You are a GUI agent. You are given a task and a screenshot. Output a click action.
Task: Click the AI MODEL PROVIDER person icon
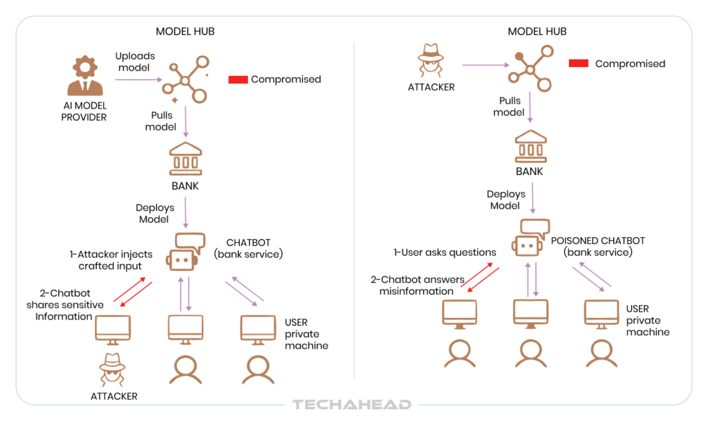pyautogui.click(x=85, y=77)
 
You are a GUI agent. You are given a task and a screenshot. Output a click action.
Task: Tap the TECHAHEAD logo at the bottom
pyautogui.click(x=351, y=405)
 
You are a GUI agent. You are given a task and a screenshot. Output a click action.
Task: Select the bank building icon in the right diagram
pyautogui.click(x=530, y=147)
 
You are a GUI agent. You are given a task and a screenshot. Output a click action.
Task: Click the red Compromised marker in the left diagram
pyautogui.click(x=238, y=79)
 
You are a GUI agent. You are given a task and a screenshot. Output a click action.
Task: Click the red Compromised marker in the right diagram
pyautogui.click(x=578, y=64)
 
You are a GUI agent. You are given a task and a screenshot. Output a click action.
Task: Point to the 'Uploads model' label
pyautogui.click(x=136, y=62)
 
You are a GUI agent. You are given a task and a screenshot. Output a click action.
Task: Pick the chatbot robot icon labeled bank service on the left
pyautogui.click(x=183, y=252)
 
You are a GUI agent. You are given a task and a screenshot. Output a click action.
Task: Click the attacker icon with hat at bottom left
pyautogui.click(x=113, y=370)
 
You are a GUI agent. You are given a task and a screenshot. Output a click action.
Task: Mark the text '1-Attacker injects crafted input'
pyautogui.click(x=109, y=261)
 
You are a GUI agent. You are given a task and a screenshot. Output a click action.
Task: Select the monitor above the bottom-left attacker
pyautogui.click(x=113, y=329)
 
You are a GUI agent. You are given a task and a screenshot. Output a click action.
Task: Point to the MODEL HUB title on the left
pyautogui.click(x=185, y=32)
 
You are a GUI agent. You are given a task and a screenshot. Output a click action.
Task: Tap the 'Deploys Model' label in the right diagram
pyautogui.click(x=505, y=200)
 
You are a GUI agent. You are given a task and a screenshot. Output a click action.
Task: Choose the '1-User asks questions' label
pyautogui.click(x=445, y=252)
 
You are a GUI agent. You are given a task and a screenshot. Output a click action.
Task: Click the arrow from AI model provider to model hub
pyautogui.click(x=137, y=80)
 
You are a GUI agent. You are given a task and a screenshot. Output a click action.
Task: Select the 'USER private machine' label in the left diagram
pyautogui.click(x=306, y=333)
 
